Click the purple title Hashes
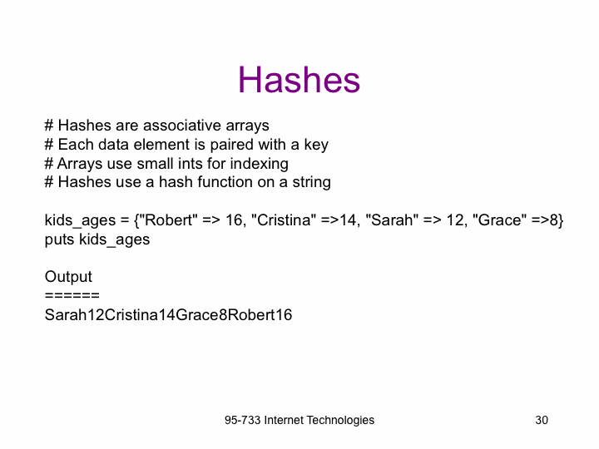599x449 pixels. [299, 80]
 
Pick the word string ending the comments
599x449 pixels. [311, 182]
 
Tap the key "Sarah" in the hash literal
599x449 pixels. [392, 220]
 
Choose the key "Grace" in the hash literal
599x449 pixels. [500, 220]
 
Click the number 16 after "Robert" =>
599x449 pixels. [235, 220]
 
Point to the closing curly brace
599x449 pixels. [560, 220]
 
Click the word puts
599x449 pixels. [59, 240]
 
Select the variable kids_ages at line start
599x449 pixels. [80, 220]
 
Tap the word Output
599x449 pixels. [68, 277]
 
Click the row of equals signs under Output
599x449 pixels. [72, 295]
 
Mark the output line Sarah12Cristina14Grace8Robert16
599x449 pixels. [168, 315]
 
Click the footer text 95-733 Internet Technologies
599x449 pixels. [299, 421]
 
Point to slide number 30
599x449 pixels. [542, 421]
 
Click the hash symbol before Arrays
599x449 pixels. [49, 164]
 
